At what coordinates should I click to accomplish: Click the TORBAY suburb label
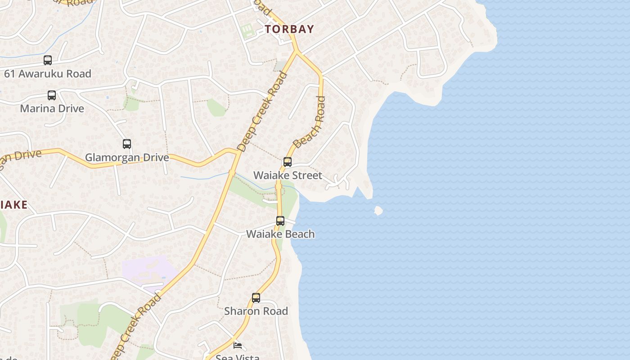(289, 29)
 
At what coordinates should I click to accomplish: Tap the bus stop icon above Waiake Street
(288, 162)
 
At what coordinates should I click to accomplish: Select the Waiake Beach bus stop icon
(280, 221)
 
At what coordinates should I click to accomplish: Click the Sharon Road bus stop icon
(256, 298)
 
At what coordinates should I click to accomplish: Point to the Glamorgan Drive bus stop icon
(127, 144)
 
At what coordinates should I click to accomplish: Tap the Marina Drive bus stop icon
(52, 95)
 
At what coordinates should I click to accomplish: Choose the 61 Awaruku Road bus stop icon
(48, 60)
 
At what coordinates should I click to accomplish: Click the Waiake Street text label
(288, 175)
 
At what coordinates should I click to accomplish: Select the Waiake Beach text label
(280, 234)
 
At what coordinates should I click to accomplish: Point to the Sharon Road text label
(256, 311)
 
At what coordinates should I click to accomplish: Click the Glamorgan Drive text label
(127, 157)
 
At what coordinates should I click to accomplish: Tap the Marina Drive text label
(52, 108)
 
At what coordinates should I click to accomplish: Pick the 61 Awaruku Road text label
(48, 73)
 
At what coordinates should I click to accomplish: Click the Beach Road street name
(310, 122)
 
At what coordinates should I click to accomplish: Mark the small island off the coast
(378, 211)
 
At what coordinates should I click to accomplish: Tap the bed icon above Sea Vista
(238, 346)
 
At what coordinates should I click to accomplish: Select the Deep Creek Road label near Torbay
(262, 111)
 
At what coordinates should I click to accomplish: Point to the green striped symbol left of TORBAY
(247, 31)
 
